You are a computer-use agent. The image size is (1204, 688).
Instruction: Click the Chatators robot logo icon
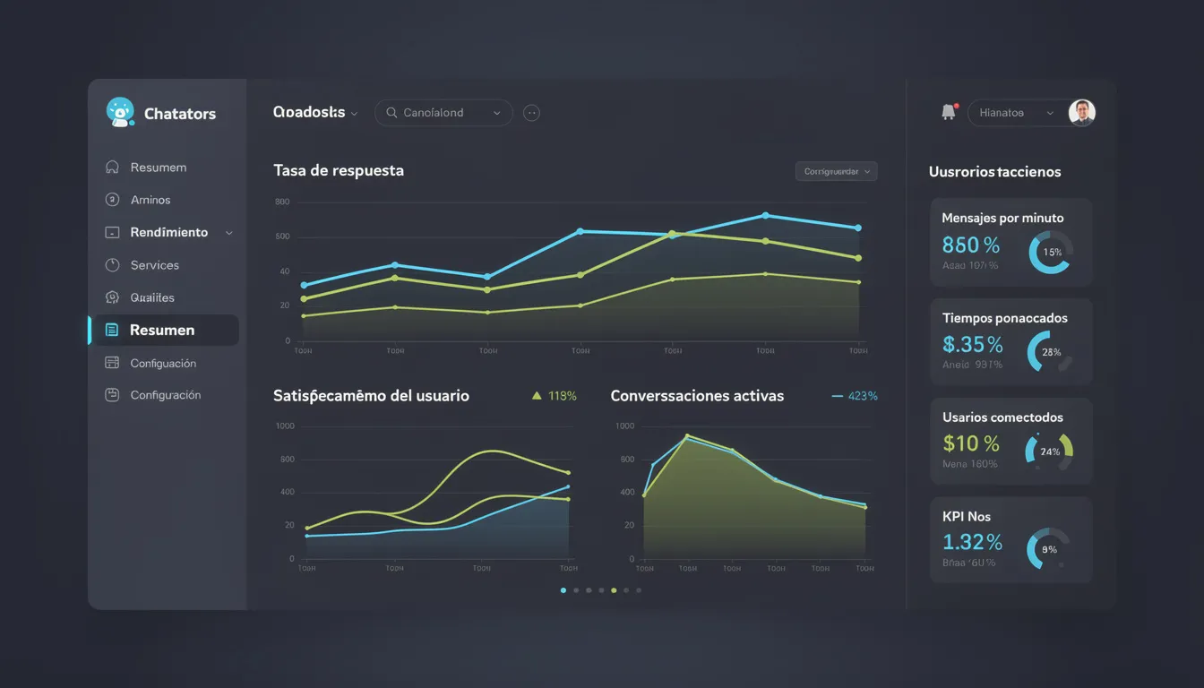tap(119, 112)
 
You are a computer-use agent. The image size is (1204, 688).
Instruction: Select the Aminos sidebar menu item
tap(150, 200)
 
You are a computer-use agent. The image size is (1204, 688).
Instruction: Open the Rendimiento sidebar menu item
tap(168, 232)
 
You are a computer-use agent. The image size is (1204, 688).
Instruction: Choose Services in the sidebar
tap(154, 265)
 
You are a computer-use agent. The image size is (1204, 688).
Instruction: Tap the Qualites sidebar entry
tap(151, 297)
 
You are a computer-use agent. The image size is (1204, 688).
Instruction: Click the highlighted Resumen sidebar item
tap(162, 330)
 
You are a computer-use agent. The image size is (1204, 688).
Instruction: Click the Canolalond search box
tap(443, 113)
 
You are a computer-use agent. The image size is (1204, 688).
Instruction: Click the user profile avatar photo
tap(1082, 112)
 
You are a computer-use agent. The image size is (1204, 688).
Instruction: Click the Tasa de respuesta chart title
tap(339, 170)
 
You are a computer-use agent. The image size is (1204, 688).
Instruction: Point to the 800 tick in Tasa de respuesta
tap(282, 202)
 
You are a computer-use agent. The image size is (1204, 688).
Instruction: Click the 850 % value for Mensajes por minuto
tap(971, 245)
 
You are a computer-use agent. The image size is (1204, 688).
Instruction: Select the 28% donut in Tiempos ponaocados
tap(1050, 352)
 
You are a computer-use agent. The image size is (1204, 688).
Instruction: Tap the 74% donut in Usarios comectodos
tap(1049, 451)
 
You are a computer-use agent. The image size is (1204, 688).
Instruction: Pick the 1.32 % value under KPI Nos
tap(972, 542)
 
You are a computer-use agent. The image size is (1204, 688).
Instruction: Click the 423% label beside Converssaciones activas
tap(862, 396)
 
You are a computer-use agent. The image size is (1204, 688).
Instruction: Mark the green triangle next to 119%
tap(537, 395)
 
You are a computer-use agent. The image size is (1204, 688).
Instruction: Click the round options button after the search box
tap(531, 113)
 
